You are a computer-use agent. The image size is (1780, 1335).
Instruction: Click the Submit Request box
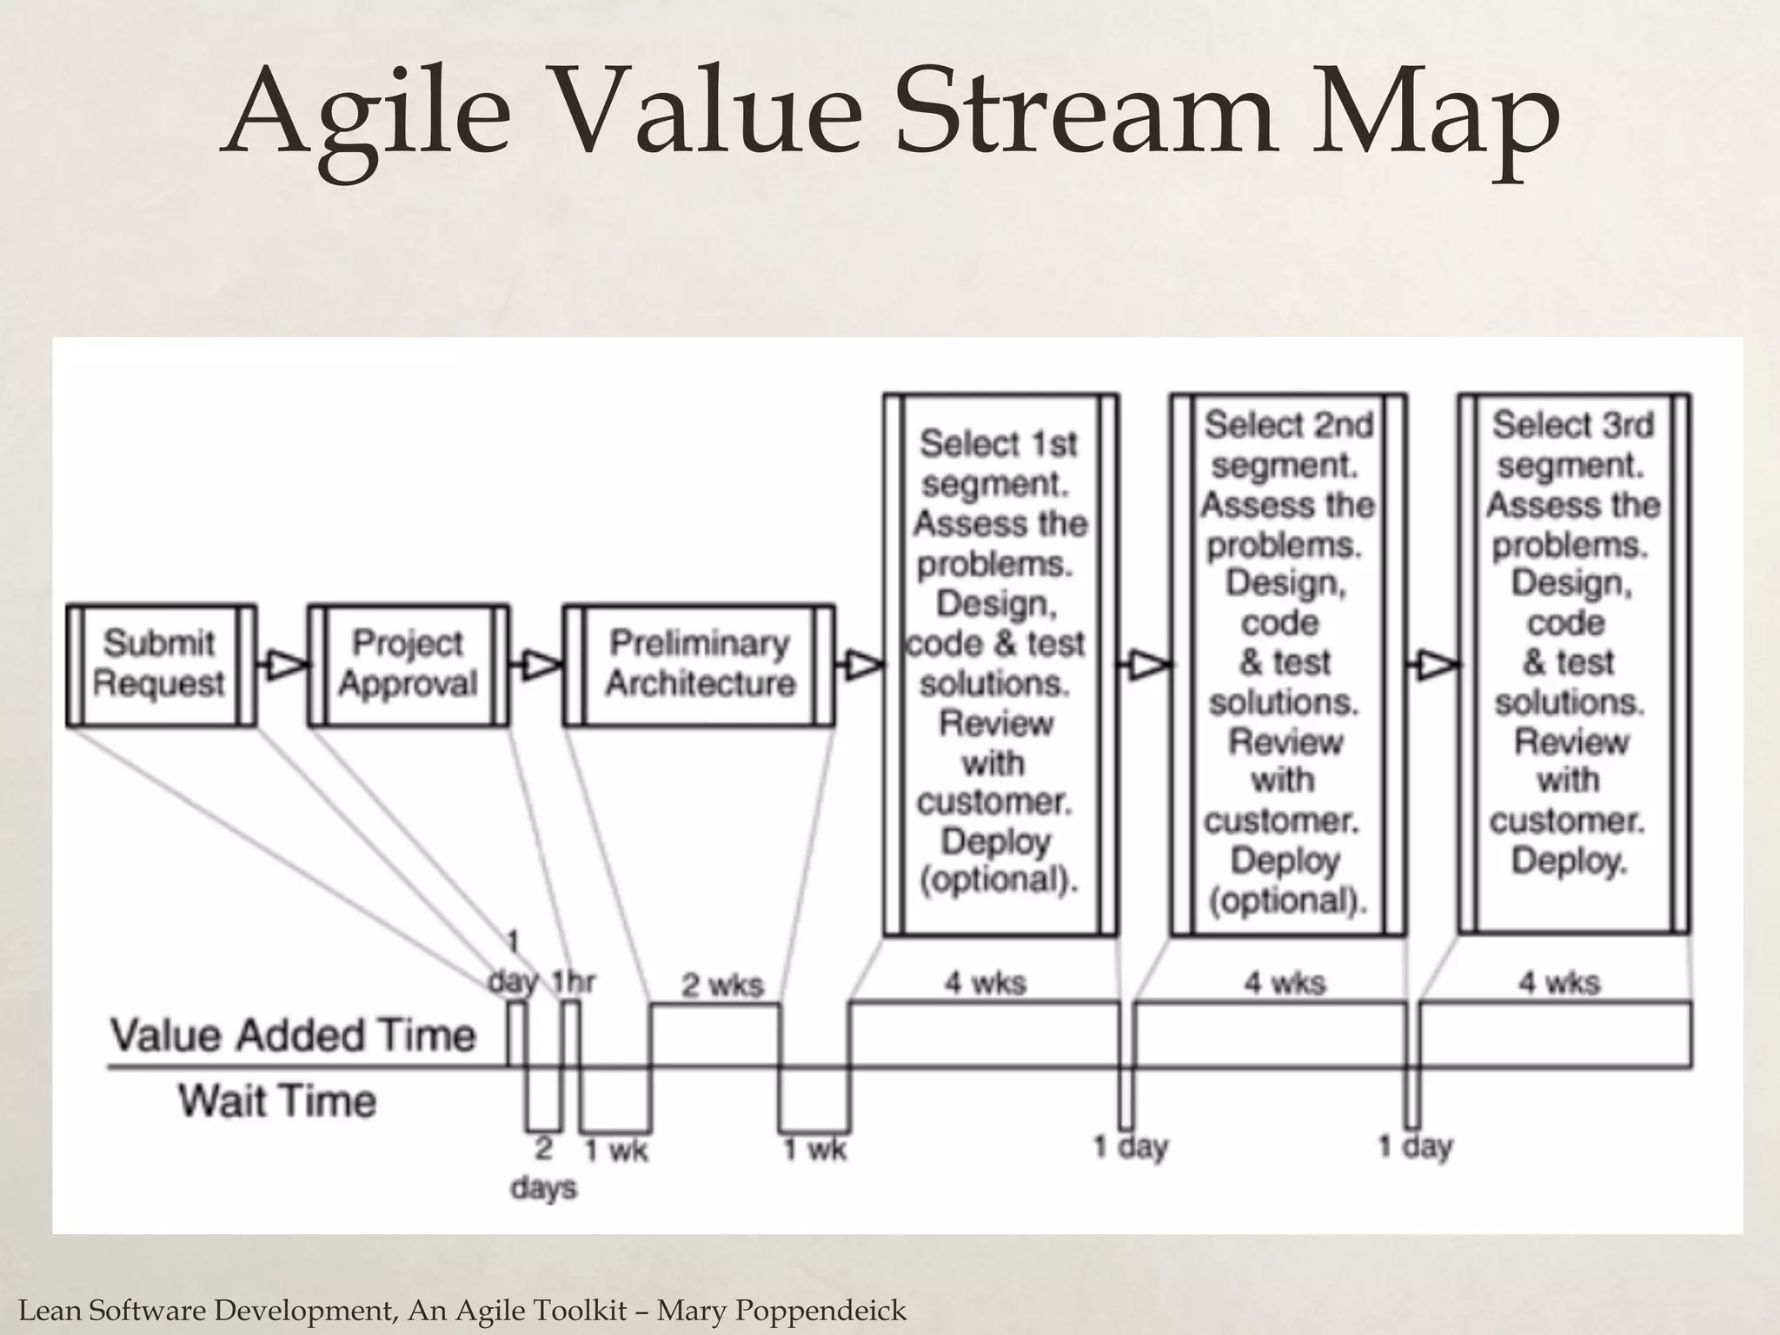(160, 665)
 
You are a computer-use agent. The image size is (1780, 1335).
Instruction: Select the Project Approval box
(408, 665)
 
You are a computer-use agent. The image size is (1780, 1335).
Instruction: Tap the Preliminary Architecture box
(700, 665)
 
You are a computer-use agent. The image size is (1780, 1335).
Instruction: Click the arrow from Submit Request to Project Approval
(282, 666)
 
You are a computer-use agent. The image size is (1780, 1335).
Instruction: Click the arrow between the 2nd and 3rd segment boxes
(1433, 666)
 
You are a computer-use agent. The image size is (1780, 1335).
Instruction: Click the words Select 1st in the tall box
(998, 444)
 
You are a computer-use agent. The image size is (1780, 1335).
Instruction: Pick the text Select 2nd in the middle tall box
(1288, 425)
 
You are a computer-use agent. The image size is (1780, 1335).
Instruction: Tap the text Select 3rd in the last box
(1573, 425)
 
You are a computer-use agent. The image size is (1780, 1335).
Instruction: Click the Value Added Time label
(294, 1035)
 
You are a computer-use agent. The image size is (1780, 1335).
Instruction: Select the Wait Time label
(277, 1100)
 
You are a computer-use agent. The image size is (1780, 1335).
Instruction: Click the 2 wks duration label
(721, 985)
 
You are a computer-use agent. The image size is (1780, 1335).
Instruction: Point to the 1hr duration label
(574, 982)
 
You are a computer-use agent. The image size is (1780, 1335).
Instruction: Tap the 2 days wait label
(544, 1168)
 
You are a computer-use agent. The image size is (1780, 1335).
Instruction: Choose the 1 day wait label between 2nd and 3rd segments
(1415, 1147)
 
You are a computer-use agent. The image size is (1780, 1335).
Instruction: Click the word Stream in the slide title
(1083, 115)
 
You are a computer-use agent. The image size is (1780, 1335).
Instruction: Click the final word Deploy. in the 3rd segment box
(1569, 861)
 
